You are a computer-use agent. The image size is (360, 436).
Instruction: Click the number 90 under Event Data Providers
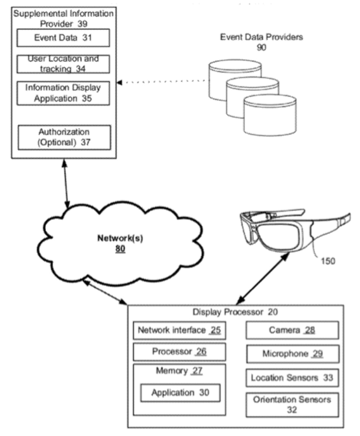pyautogui.click(x=261, y=48)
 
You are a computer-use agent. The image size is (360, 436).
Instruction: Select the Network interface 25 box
pyautogui.click(x=177, y=330)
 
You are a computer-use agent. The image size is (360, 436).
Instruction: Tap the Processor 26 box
pyautogui.click(x=177, y=352)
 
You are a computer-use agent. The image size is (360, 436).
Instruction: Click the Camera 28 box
pyautogui.click(x=292, y=330)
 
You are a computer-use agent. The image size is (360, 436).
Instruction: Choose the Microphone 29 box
pyautogui.click(x=292, y=354)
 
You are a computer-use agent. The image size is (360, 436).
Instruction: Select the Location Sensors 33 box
pyautogui.click(x=292, y=378)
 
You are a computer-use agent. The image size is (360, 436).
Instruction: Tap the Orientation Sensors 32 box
pyautogui.click(x=292, y=405)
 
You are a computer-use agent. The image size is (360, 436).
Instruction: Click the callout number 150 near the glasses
pyautogui.click(x=328, y=261)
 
